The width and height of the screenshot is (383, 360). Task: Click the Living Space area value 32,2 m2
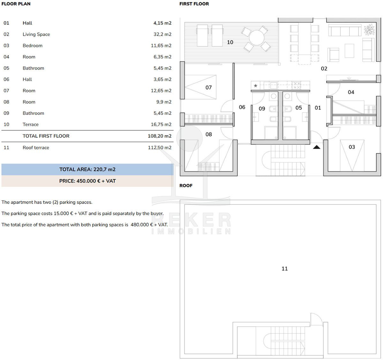click(162, 34)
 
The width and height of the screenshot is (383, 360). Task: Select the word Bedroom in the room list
click(33, 46)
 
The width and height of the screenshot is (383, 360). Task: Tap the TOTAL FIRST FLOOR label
click(46, 136)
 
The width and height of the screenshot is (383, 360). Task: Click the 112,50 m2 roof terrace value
click(160, 147)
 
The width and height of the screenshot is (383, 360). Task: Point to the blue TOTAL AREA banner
click(87, 169)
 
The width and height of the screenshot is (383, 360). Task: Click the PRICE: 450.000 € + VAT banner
click(87, 181)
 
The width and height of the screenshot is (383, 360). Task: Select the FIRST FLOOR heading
click(194, 4)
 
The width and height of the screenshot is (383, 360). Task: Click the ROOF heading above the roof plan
click(186, 186)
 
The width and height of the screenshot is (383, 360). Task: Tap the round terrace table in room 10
click(257, 38)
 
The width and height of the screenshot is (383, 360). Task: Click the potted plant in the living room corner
click(369, 29)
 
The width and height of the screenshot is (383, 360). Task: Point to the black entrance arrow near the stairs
click(317, 147)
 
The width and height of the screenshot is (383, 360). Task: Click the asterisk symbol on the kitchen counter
click(256, 86)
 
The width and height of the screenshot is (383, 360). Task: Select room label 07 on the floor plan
click(208, 87)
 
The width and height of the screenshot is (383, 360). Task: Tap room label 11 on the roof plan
click(285, 268)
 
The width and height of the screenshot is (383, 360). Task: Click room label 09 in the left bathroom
click(262, 109)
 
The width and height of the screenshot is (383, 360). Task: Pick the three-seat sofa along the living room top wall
click(345, 30)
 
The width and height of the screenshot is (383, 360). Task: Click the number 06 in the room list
click(6, 79)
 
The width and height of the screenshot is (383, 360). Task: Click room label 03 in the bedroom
click(352, 147)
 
